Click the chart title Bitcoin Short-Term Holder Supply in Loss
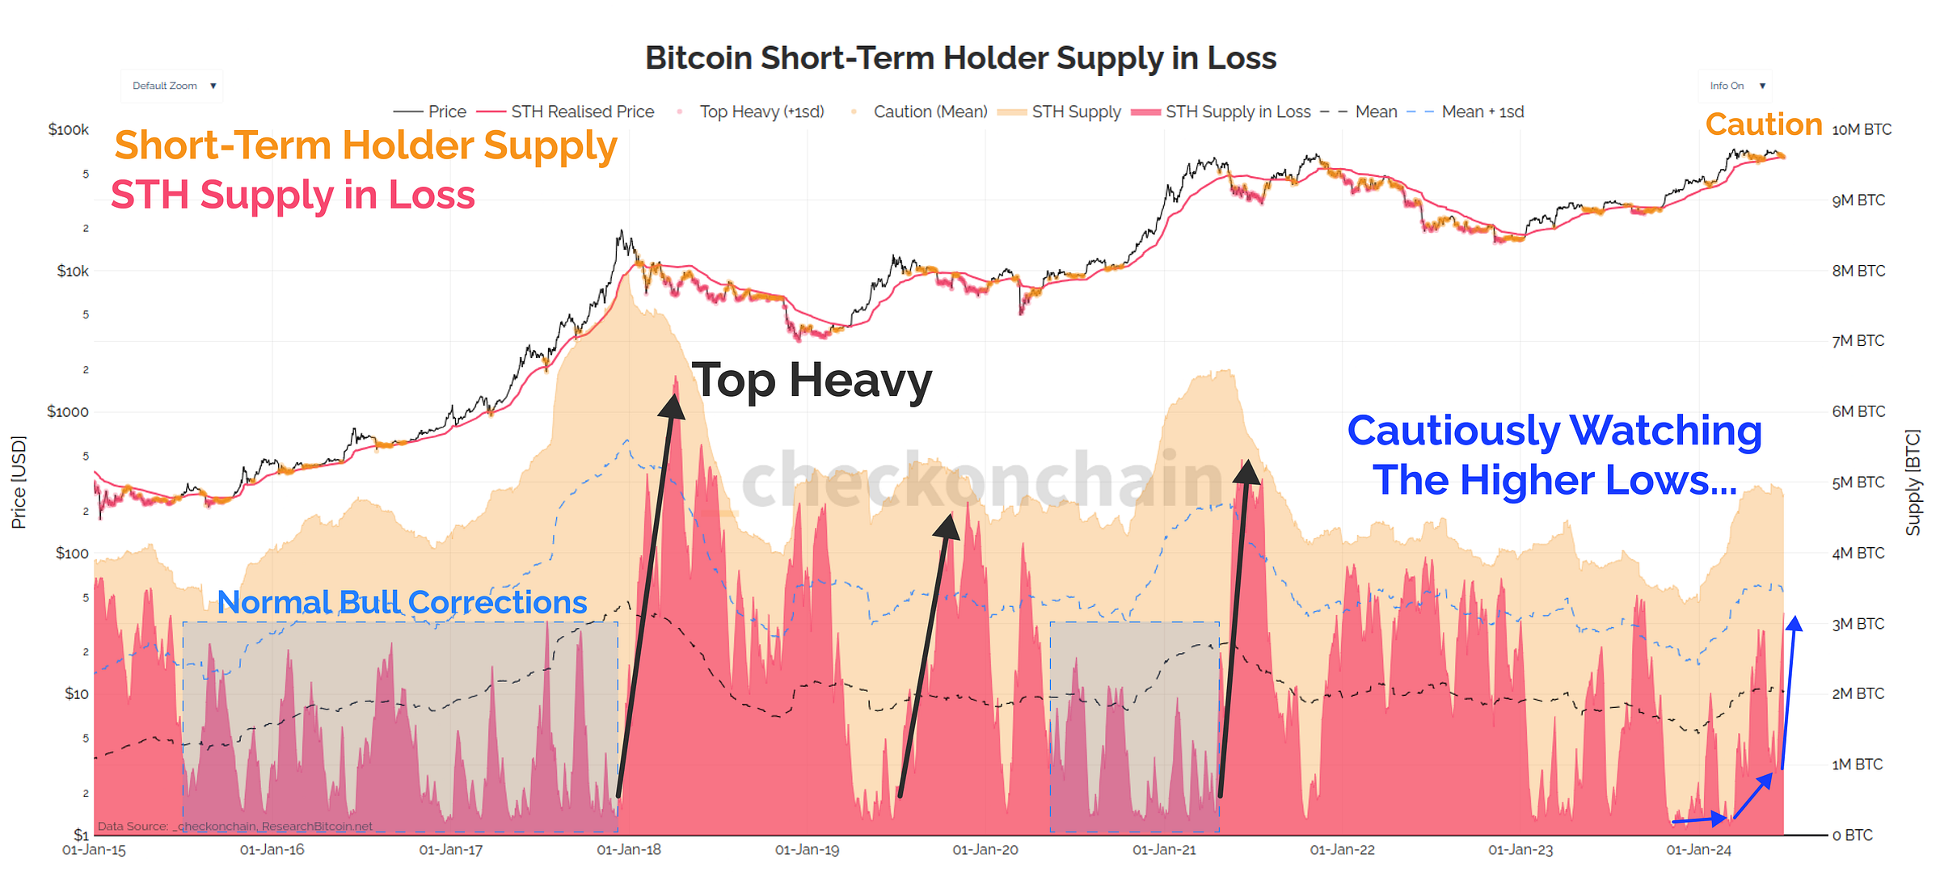point(960,58)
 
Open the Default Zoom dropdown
point(172,86)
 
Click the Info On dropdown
point(1735,86)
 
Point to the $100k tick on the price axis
point(69,129)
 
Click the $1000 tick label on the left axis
point(68,411)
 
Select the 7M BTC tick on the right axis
point(1858,341)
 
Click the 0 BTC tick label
point(1852,835)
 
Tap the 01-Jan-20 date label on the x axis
point(985,850)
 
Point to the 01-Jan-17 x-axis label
point(450,850)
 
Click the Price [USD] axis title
point(19,482)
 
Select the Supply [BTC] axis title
point(1913,482)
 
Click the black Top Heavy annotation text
point(812,380)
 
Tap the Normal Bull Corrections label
point(402,602)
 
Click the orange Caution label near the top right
point(1764,124)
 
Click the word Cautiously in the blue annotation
point(1453,431)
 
